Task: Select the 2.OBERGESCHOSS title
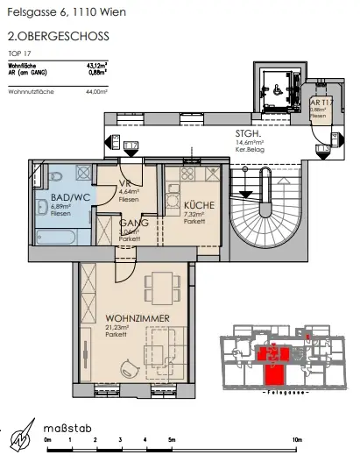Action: tap(45, 38)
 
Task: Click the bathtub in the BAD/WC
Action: tap(53, 233)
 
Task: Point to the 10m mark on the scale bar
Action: tap(297, 438)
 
